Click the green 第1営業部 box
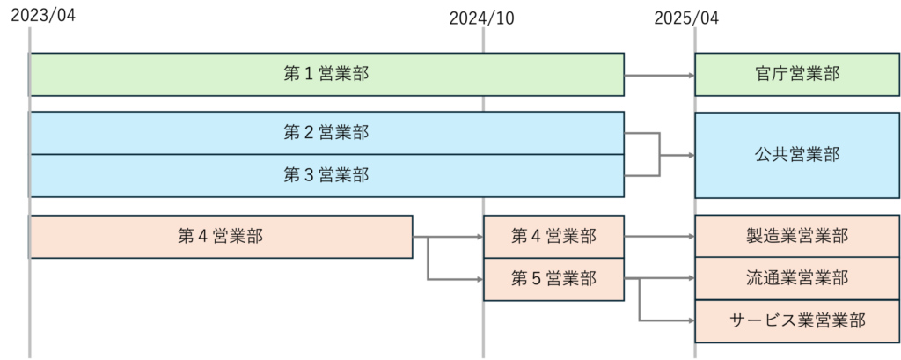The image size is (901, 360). pos(326,74)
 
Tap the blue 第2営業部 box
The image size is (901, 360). pos(326,133)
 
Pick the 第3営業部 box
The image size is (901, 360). pos(326,175)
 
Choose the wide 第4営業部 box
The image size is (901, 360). pos(220,236)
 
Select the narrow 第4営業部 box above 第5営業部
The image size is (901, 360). pos(553,236)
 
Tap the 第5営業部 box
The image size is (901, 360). pos(553,279)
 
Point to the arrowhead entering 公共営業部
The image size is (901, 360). pos(690,156)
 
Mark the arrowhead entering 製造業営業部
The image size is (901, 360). pos(690,236)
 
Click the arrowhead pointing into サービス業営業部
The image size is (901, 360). pos(690,320)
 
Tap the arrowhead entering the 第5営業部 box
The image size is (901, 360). pos(479,279)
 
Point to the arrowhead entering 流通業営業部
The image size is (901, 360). pos(690,279)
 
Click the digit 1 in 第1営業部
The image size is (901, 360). pos(309,74)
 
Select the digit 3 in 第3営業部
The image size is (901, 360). pos(309,175)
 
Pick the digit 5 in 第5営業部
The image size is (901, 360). pos(537,279)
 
